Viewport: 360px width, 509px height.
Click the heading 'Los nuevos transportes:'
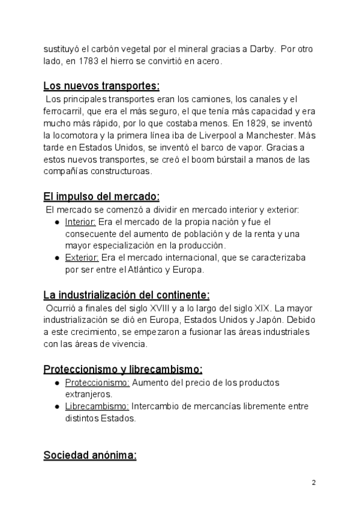pyautogui.click(x=101, y=85)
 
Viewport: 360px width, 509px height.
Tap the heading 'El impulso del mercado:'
pyautogui.click(x=101, y=196)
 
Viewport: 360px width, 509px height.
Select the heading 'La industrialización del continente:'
pyautogui.click(x=127, y=295)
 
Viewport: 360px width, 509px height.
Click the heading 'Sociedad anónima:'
pyautogui.click(x=90, y=456)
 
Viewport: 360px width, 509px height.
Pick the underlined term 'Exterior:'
pyautogui.click(x=82, y=258)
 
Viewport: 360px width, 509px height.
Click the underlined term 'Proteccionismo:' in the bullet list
pyautogui.click(x=97, y=382)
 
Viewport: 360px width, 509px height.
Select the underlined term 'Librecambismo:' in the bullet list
pyautogui.click(x=97, y=406)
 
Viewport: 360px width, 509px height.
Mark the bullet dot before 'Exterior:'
pyautogui.click(x=56, y=258)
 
